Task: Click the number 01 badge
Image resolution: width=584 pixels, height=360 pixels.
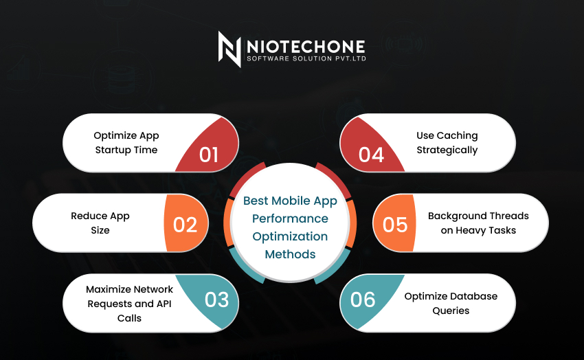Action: (209, 155)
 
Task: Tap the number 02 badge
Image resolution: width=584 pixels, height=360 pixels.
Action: (185, 225)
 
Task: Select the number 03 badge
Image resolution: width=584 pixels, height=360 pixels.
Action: (216, 300)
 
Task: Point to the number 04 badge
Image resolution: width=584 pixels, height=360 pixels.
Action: (371, 155)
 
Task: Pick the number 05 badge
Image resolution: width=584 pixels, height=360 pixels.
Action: (395, 225)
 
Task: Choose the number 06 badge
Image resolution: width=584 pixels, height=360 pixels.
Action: (363, 300)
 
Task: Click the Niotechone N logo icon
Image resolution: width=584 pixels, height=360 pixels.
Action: (229, 49)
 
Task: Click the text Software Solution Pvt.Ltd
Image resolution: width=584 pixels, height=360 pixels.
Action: (306, 58)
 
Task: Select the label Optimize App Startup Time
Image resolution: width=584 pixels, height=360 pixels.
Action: (126, 142)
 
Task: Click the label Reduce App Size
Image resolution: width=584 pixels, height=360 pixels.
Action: (100, 223)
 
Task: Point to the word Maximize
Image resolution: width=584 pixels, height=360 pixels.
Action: (109, 289)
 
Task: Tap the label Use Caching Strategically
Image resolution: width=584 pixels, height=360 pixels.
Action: (447, 142)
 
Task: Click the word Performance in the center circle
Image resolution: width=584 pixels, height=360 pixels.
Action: (290, 219)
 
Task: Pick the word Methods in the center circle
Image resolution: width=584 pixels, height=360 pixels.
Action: (290, 254)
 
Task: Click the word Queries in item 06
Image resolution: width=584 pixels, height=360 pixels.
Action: (451, 311)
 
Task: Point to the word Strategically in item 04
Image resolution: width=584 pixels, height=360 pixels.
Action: (447, 150)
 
